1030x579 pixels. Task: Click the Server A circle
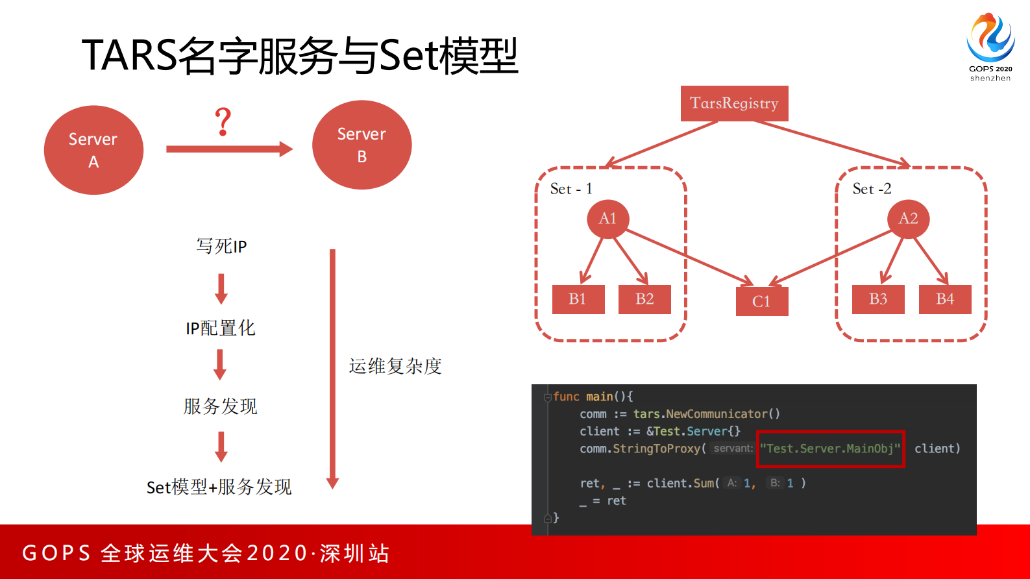(x=93, y=150)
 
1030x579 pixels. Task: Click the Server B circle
(x=362, y=145)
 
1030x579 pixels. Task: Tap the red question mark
(x=223, y=122)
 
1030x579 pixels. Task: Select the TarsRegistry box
(x=734, y=103)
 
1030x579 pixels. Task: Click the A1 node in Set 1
(x=607, y=219)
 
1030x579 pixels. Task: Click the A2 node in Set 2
(x=908, y=219)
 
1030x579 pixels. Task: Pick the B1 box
(x=578, y=299)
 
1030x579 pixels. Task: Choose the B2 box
(x=644, y=299)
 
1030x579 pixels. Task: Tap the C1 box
(x=761, y=302)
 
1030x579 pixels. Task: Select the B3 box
(x=877, y=299)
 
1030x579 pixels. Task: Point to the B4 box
(x=944, y=299)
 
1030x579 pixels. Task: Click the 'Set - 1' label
(x=571, y=189)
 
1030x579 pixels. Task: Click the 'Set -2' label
(x=872, y=189)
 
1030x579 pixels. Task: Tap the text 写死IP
(x=221, y=246)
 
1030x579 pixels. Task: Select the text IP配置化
(x=221, y=328)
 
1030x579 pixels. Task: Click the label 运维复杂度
(x=395, y=366)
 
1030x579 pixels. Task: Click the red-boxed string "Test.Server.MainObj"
(x=830, y=449)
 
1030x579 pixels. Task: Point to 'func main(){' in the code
(x=593, y=397)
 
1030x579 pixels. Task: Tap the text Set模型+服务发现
(x=219, y=487)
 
